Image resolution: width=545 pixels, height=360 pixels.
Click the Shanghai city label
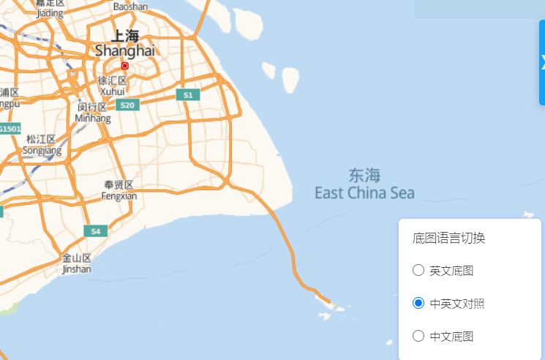tap(125, 44)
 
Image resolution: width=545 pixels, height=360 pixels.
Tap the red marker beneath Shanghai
tap(124, 66)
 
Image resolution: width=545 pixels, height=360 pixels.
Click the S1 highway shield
tap(188, 95)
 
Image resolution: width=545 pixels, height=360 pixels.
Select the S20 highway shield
tap(127, 105)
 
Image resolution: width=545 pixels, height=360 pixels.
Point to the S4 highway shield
tap(95, 231)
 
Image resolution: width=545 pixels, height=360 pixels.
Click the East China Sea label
tap(364, 184)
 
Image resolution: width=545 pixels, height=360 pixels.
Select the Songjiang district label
tap(42, 145)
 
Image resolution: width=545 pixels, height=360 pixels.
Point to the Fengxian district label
tap(119, 190)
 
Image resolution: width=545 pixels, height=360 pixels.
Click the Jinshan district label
tap(77, 263)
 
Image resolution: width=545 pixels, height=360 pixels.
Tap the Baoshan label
tap(130, 6)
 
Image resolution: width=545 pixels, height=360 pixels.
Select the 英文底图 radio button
tap(418, 270)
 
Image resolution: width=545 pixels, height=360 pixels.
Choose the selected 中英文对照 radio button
tap(418, 303)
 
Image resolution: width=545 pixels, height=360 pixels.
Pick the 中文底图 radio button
tap(418, 336)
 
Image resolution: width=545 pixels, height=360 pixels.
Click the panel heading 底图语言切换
tap(449, 238)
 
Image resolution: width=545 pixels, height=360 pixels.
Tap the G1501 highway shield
tap(10, 129)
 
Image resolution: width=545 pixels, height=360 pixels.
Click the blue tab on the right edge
tap(542, 62)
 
